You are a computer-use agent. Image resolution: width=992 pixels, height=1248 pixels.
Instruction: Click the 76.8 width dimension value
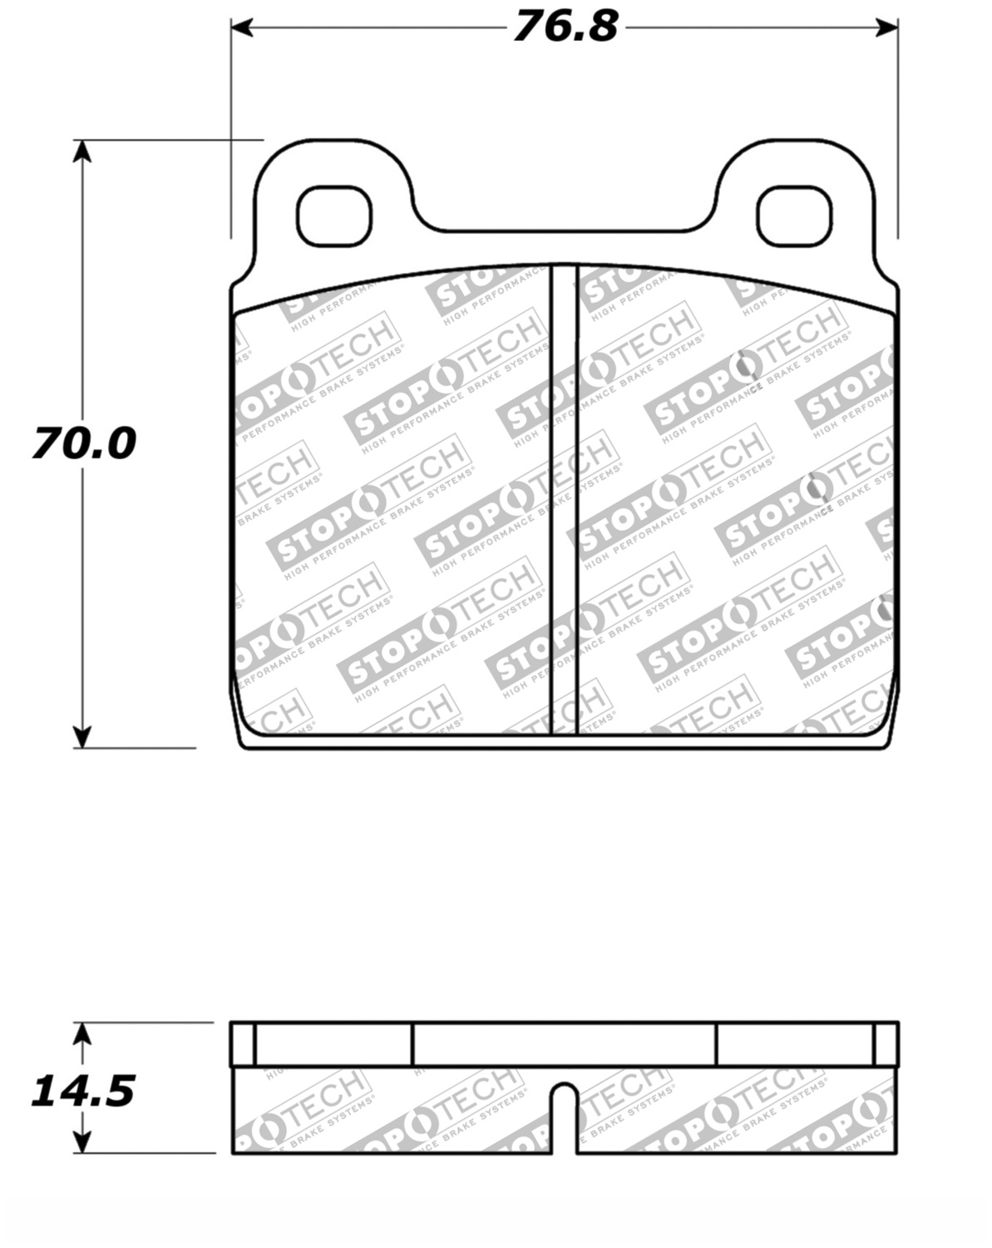pos(565,27)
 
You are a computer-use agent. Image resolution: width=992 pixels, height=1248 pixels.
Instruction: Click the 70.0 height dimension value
pos(83,443)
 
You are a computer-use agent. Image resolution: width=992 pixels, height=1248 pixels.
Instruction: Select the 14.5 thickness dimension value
pos(82,1091)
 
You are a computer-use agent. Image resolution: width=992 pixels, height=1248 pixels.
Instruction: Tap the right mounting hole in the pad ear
pos(794,216)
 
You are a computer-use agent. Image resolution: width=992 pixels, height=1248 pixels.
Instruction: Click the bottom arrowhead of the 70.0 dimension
pos(81,736)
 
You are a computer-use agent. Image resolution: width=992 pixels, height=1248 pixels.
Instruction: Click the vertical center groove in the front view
pos(565,499)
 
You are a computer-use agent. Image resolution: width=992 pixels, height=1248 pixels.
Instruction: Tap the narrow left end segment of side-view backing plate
pos(243,1043)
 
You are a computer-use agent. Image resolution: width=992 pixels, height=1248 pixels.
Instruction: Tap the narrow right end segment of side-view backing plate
pos(886,1043)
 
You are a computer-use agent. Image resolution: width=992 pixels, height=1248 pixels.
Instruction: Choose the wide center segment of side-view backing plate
pos(565,1043)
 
